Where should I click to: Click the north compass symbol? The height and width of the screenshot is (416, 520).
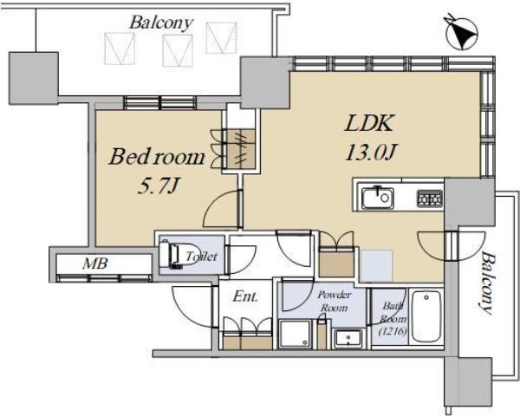click(462, 33)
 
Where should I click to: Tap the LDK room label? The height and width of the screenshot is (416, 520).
click(369, 123)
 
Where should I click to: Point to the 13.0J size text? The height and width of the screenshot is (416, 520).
click(371, 153)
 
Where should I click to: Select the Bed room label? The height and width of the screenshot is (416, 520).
click(157, 157)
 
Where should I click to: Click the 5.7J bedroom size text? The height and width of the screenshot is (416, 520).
click(158, 185)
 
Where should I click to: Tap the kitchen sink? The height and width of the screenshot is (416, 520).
click(377, 198)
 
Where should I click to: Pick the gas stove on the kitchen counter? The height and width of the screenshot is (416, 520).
click(430, 198)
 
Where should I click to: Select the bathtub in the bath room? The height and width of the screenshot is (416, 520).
click(426, 317)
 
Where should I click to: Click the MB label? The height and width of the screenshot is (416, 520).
click(95, 263)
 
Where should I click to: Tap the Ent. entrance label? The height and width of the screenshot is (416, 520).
click(244, 296)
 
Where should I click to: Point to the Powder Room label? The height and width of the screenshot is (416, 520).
click(335, 302)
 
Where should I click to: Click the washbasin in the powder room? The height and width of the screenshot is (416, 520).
click(348, 339)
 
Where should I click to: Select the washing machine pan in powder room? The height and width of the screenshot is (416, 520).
click(296, 334)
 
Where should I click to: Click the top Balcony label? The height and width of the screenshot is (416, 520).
click(161, 23)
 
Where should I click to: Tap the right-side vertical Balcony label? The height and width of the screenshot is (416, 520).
click(487, 283)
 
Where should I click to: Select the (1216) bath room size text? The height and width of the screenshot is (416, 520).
click(393, 331)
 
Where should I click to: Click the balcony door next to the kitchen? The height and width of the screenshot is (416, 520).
click(452, 245)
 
